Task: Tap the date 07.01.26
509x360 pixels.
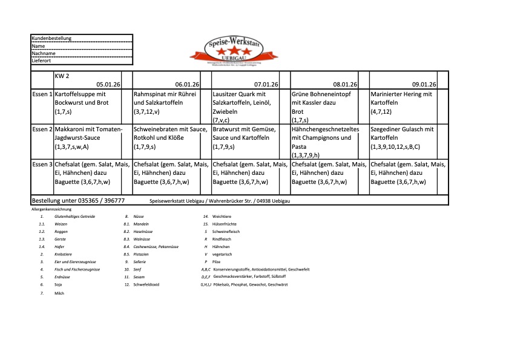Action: point(266,84)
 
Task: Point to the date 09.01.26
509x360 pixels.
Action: point(424,84)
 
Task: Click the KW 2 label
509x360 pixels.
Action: point(63,76)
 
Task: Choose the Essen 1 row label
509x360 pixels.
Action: point(42,94)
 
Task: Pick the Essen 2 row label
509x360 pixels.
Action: point(42,129)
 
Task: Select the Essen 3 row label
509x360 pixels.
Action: point(42,165)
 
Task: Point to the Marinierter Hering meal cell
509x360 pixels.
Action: point(402,103)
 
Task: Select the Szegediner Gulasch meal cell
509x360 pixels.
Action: point(402,138)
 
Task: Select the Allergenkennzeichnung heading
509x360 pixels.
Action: point(51,209)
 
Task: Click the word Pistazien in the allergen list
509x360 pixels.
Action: point(142,254)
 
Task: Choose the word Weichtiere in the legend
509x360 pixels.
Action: point(222,216)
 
